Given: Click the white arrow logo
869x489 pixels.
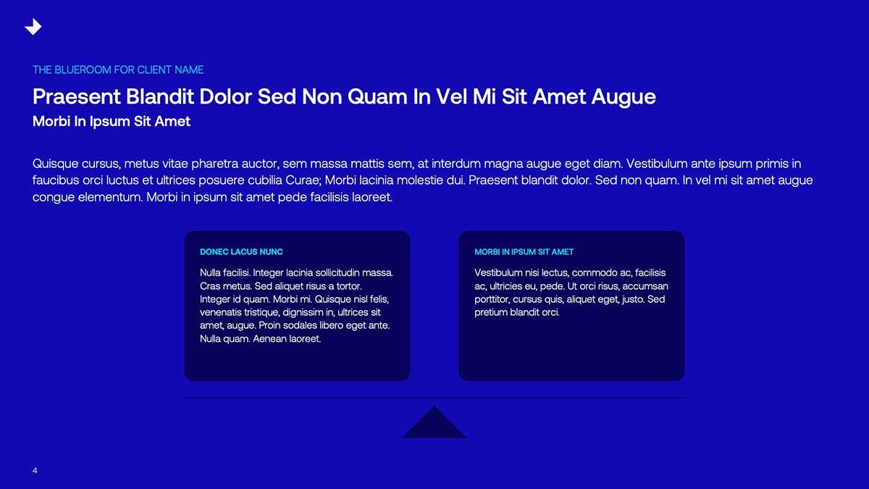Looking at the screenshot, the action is click(33, 27).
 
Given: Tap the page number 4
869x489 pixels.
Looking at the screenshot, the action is click(35, 471).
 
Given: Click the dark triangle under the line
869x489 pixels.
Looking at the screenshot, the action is click(434, 422).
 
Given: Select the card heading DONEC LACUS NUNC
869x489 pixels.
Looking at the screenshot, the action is click(241, 252).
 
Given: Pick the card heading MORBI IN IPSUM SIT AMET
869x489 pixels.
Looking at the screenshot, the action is click(524, 252).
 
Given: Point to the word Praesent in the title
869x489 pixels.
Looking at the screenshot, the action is click(77, 96).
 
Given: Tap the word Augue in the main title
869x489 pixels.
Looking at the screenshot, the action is click(624, 97).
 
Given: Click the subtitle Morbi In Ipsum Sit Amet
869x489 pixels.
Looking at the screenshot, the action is click(112, 122).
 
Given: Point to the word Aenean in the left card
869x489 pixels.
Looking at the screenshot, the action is click(269, 338).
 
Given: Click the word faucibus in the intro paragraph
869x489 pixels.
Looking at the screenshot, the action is click(56, 180).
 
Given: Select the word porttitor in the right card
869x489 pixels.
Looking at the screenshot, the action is click(492, 299).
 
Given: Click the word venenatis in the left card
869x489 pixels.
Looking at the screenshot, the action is click(220, 312).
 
